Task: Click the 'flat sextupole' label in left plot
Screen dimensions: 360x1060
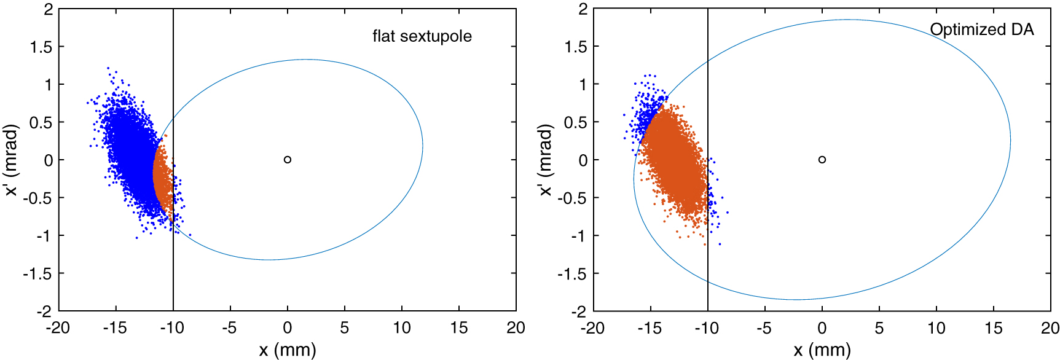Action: (x=422, y=36)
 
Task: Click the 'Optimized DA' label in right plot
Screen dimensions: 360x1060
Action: (x=981, y=29)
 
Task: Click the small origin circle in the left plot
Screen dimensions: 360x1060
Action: (x=288, y=160)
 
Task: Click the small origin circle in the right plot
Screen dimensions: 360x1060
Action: (x=822, y=160)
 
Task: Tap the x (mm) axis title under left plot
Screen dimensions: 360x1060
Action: (x=287, y=350)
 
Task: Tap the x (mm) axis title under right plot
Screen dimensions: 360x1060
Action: (x=822, y=350)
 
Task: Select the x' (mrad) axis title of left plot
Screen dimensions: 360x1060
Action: (x=12, y=160)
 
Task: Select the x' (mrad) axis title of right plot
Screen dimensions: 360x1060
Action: (x=546, y=160)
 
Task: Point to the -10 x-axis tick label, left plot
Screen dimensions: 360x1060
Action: (x=172, y=328)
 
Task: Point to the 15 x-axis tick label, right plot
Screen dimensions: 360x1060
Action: (x=993, y=328)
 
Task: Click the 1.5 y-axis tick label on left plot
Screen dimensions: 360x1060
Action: (x=42, y=47)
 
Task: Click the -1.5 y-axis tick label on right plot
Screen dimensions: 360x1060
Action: (x=572, y=273)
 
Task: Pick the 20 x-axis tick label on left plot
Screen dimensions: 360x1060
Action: (x=516, y=328)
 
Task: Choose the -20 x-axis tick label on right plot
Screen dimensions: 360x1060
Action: (x=592, y=328)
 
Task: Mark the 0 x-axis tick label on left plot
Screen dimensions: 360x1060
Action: (x=288, y=328)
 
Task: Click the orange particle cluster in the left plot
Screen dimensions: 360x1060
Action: (x=163, y=178)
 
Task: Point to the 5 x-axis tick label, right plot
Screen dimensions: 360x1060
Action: (x=879, y=328)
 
